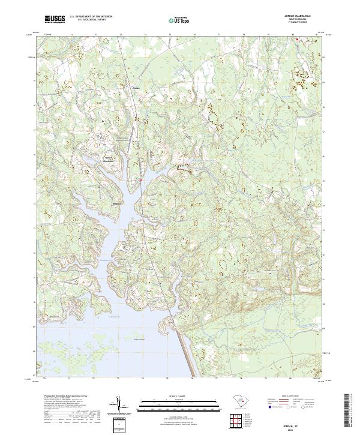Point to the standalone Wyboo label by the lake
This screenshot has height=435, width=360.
pyautogui.click(x=117, y=203)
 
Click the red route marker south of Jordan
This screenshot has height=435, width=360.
pyautogui.click(x=141, y=180)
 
